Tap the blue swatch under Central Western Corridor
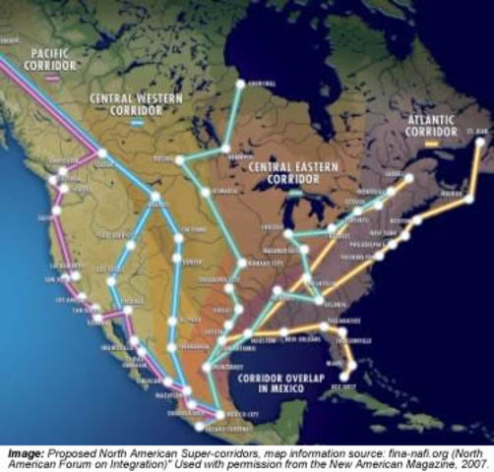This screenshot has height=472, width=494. [x=136, y=124]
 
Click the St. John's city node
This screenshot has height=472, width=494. [x=479, y=142]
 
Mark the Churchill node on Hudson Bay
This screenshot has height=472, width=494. [x=239, y=85]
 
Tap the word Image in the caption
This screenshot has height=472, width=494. [x=22, y=451]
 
